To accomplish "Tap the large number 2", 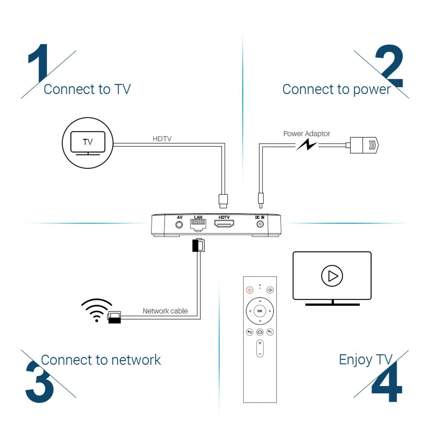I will [389, 66].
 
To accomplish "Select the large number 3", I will [40, 382].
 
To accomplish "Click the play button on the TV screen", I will [332, 275].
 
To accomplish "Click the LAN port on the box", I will [198, 225].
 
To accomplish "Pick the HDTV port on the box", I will [224, 225].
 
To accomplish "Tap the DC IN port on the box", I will [260, 225].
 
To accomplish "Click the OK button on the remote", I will [260, 311].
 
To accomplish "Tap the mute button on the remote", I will [270, 290].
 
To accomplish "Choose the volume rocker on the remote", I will [260, 348].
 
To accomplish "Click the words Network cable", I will [165, 311].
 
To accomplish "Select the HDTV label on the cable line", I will [162, 139].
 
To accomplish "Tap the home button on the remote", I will [260, 332].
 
